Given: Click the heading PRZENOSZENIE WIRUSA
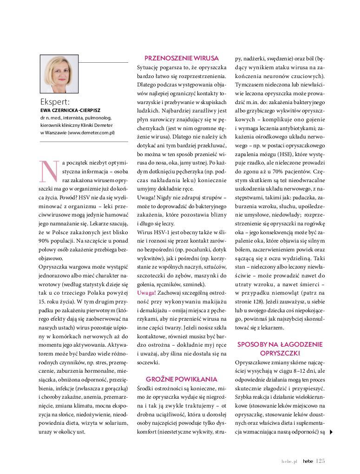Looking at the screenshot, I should [x=182, y=58].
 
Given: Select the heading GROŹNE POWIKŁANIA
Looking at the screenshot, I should [x=182, y=379].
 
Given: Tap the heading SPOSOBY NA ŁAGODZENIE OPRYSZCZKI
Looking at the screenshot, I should [x=280, y=349].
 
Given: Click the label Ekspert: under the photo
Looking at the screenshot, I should [x=55, y=101].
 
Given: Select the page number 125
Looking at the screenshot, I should [x=320, y=461].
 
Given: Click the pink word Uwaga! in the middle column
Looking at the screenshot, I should [x=146, y=293].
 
